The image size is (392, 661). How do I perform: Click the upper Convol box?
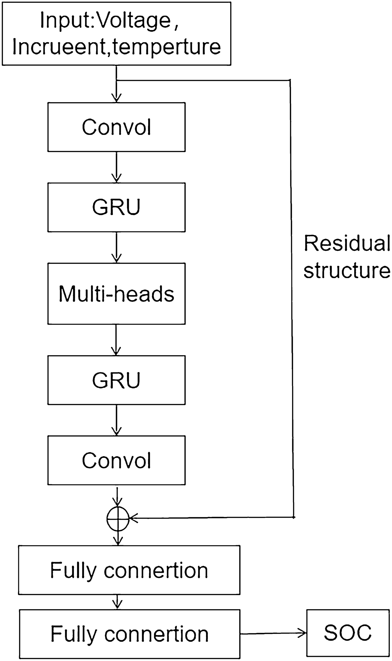point(116,127)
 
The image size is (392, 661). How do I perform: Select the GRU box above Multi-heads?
point(116,207)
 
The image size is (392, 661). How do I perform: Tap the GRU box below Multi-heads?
point(116,380)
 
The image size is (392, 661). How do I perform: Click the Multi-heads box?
point(116,294)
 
